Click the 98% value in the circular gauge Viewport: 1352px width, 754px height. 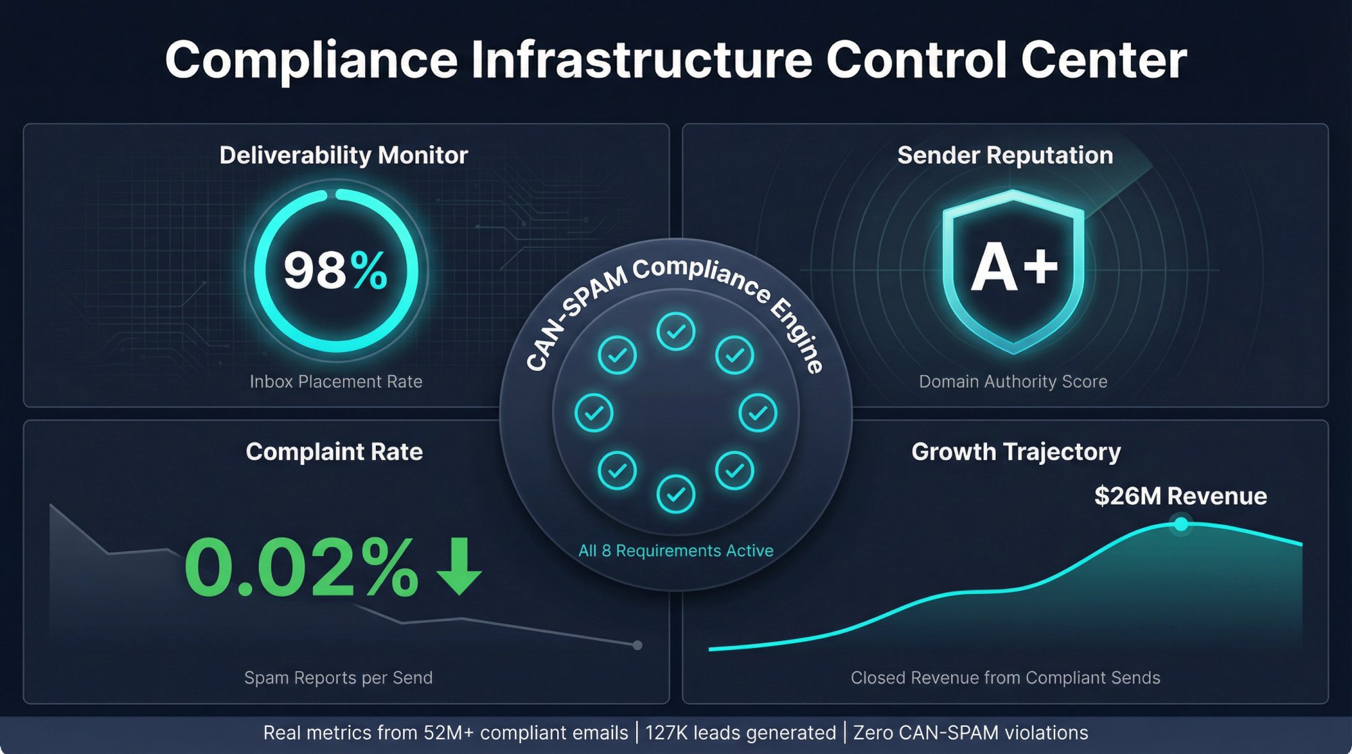(x=335, y=270)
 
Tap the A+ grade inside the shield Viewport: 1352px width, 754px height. (x=1013, y=268)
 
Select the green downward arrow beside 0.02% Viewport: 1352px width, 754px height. (x=460, y=566)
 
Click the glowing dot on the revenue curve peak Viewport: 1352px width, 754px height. (x=1181, y=524)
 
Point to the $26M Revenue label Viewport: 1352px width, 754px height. (x=1180, y=496)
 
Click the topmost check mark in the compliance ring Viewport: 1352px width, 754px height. (x=675, y=332)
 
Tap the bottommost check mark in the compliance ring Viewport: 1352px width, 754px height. (x=675, y=495)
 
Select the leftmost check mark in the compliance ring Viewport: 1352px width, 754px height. (x=594, y=413)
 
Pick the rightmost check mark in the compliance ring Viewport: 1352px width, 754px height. (x=758, y=413)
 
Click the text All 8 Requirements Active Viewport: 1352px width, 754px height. (x=675, y=551)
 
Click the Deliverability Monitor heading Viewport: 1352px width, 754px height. (x=343, y=155)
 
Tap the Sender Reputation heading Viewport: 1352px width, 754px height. (x=1005, y=155)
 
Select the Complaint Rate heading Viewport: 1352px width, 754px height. (x=334, y=451)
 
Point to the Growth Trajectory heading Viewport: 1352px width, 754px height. (x=1015, y=451)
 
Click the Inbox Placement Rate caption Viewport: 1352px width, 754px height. (x=336, y=382)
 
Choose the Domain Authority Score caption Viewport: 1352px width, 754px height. (x=1013, y=382)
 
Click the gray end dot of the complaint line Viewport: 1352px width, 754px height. (x=637, y=645)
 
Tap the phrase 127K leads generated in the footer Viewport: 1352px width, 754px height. (x=740, y=733)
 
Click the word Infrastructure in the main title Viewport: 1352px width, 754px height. (x=642, y=59)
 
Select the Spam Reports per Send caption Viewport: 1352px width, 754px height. (x=338, y=678)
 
